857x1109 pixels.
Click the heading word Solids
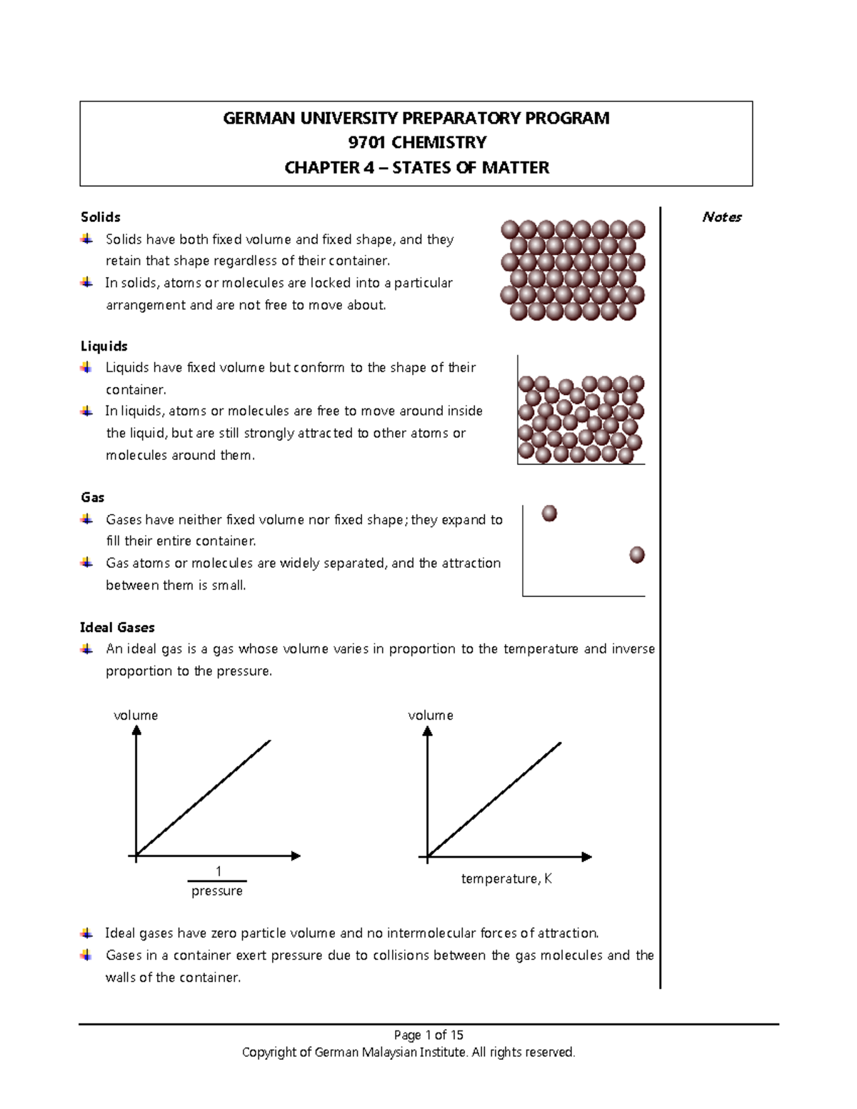[x=100, y=217]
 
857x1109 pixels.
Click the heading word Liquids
[x=104, y=346]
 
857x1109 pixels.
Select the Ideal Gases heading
[x=117, y=628]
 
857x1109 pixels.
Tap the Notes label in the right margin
[x=721, y=217]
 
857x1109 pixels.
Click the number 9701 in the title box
[x=367, y=143]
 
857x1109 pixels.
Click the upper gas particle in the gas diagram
[x=549, y=513]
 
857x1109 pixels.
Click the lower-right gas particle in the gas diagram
[x=637, y=555]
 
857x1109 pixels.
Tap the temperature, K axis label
[x=506, y=879]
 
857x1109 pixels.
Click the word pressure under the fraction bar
[x=217, y=891]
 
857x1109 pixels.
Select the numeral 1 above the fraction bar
[x=219, y=871]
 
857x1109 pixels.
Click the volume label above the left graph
[x=136, y=716]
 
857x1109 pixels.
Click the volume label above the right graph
[x=430, y=716]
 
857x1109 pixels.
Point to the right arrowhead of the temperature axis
[x=587, y=857]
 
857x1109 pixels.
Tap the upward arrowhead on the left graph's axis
[x=136, y=731]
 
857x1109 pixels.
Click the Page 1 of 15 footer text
[x=428, y=1035]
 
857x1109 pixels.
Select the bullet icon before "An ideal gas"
[x=86, y=649]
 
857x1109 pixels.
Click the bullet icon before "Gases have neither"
[x=86, y=520]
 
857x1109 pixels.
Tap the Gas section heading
[x=93, y=498]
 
